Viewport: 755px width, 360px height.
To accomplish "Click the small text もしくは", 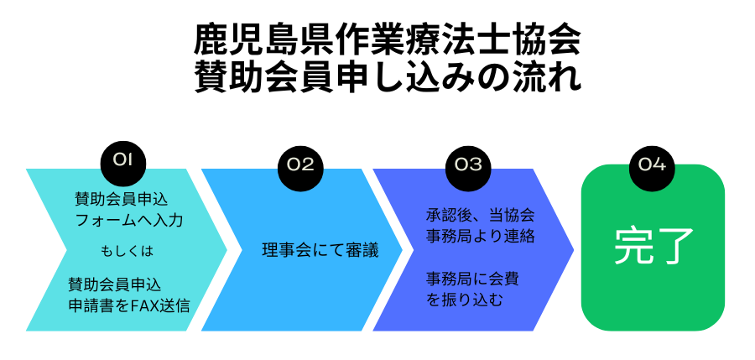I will [x=128, y=250].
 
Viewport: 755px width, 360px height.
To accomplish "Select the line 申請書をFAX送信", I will [x=128, y=305].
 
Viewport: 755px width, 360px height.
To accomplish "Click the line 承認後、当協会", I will [x=480, y=214].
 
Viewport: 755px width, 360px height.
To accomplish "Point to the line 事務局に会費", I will [x=474, y=277].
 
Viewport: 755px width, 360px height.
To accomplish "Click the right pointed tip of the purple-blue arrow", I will [x=573, y=250].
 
